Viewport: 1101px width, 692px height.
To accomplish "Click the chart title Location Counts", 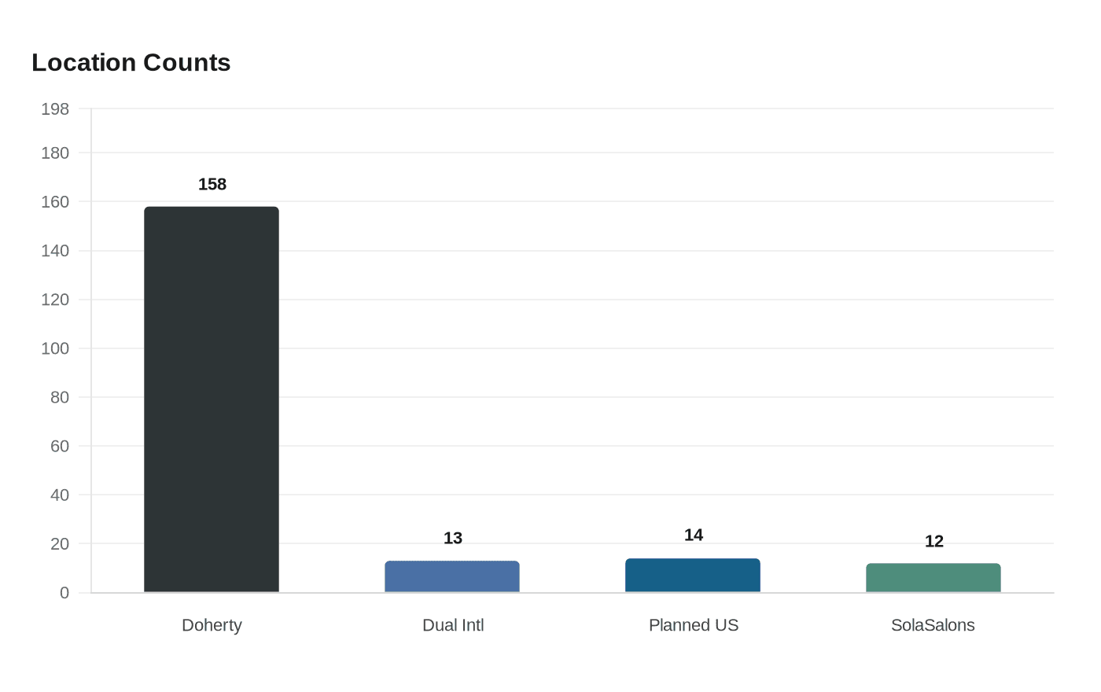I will [131, 63].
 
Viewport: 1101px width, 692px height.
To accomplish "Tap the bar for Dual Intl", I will [452, 576].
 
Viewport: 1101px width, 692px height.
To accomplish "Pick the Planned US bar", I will [693, 576].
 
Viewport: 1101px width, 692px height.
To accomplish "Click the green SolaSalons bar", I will [933, 578].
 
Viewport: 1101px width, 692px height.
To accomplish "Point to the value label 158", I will [212, 184].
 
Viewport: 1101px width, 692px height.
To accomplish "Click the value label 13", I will [453, 538].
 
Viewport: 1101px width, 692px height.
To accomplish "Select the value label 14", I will [694, 535].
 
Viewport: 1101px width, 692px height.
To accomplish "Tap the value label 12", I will [934, 541].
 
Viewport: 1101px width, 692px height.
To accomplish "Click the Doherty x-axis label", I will [212, 625].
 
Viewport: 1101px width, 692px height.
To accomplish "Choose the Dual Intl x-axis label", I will [453, 625].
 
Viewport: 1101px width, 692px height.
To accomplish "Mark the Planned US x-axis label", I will [694, 625].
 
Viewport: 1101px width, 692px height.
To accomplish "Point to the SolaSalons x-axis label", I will [933, 625].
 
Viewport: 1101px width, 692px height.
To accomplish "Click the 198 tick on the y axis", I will [55, 109].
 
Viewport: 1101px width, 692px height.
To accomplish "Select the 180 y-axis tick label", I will [55, 153].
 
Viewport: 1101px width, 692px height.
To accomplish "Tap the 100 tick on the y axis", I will [55, 348].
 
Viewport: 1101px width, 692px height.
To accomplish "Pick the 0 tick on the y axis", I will [64, 593].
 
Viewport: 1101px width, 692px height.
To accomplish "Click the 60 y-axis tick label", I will [60, 446].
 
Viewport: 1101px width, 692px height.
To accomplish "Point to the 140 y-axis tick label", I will [55, 251].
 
